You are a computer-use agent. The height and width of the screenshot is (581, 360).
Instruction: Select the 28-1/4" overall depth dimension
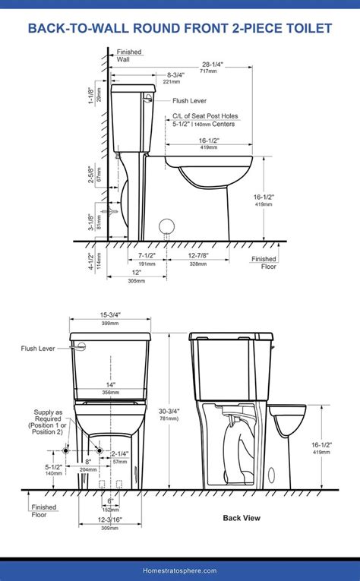click(x=212, y=65)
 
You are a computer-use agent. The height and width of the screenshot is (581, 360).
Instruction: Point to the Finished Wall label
click(x=128, y=56)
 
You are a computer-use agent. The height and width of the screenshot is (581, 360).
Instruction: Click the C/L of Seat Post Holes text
click(x=204, y=115)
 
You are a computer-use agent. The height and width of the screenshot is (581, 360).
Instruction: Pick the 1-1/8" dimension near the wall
click(x=90, y=96)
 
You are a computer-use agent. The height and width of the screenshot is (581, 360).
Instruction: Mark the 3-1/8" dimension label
click(x=90, y=222)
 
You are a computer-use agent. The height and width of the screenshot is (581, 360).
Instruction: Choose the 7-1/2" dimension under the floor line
click(x=147, y=256)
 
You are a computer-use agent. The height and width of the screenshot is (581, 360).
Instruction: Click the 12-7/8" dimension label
click(x=198, y=256)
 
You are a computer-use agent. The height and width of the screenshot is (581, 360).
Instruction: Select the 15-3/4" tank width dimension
click(x=109, y=316)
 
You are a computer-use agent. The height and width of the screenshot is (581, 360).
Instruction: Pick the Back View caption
click(x=242, y=518)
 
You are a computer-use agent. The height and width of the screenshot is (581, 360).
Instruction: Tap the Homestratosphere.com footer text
click(x=179, y=570)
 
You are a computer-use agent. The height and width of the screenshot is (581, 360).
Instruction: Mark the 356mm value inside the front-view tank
click(x=109, y=393)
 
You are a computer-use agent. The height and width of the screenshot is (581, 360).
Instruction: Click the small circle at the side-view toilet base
click(x=166, y=226)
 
